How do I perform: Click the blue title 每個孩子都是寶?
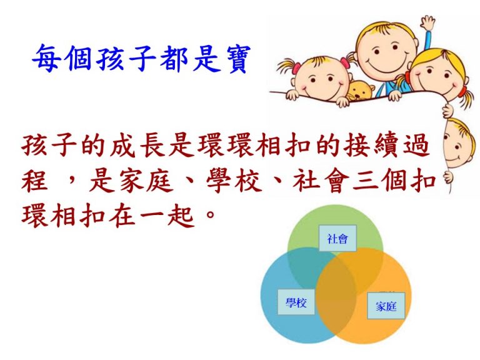pyautogui.click(x=141, y=58)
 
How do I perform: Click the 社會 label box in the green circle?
pyautogui.click(x=337, y=238)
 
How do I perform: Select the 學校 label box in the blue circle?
pyautogui.click(x=296, y=302)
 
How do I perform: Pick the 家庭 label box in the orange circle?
pyautogui.click(x=386, y=306)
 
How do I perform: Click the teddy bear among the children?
pyautogui.click(x=361, y=90)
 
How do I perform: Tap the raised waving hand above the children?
pyautogui.click(x=427, y=23)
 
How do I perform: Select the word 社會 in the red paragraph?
pyautogui.click(x=321, y=181)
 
